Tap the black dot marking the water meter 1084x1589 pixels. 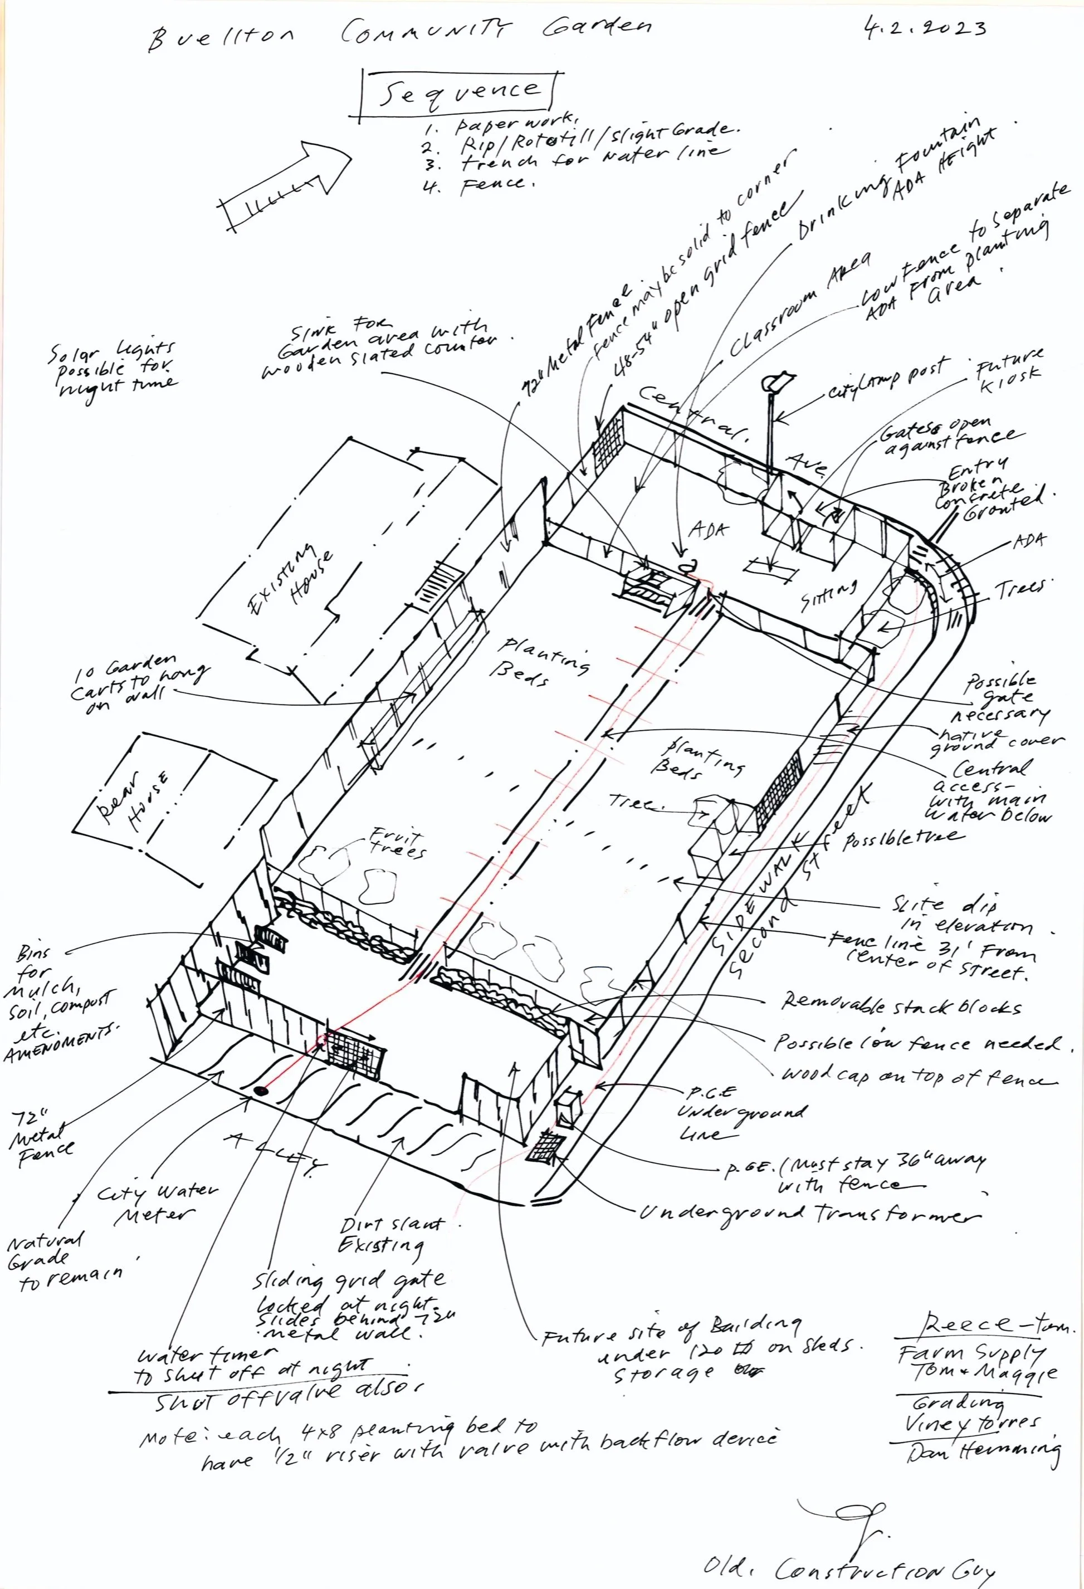(x=260, y=1091)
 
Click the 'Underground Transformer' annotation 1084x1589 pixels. (x=807, y=1214)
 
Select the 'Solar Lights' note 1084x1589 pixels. (x=113, y=369)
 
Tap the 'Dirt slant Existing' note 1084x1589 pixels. (x=390, y=1234)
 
